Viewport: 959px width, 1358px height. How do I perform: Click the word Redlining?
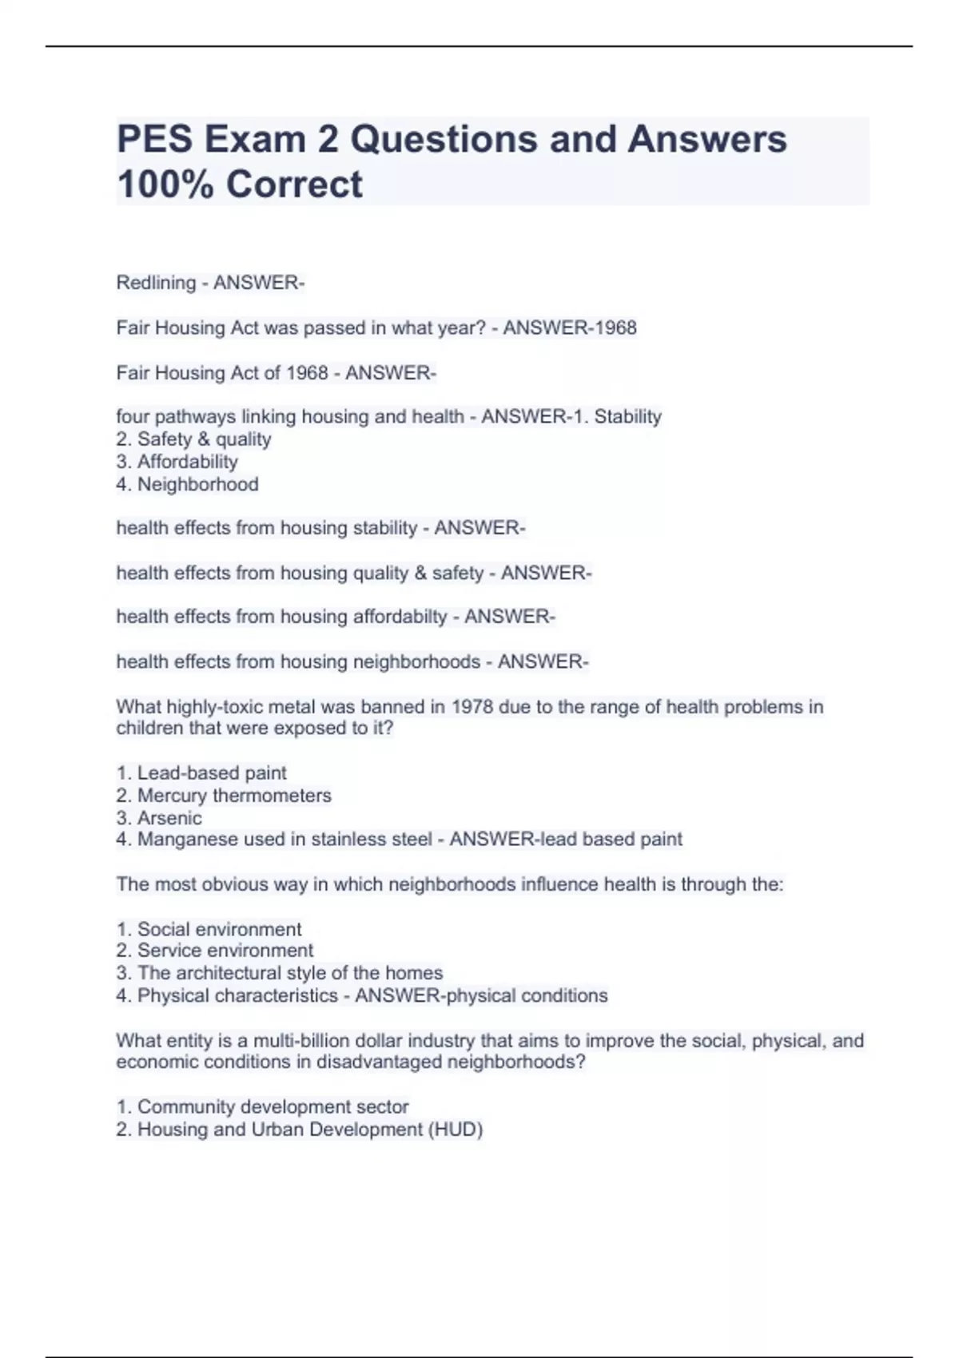tap(156, 283)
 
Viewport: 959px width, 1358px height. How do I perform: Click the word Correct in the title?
tap(294, 185)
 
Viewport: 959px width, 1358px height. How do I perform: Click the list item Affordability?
tap(187, 462)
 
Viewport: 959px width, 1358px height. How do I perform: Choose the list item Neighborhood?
tap(197, 484)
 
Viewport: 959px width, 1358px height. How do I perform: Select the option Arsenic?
tap(169, 818)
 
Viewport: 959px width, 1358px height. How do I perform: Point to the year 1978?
tap(472, 707)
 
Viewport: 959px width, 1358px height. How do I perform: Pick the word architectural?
tap(229, 973)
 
